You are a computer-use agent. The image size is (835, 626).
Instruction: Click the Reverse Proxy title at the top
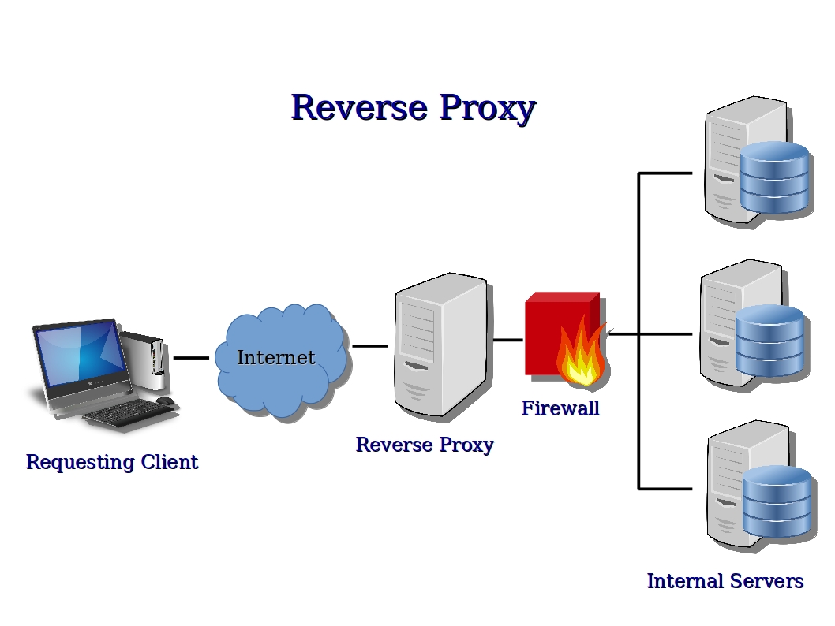click(413, 108)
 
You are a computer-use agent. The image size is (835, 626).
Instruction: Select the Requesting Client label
click(111, 462)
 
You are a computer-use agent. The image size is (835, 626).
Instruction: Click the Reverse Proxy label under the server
click(425, 445)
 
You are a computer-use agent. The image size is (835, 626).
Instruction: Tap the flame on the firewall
click(582, 359)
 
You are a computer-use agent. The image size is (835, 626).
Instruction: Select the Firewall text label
click(560, 408)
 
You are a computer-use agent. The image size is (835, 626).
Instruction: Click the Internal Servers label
click(725, 581)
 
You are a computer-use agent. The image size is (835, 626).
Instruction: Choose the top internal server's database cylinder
click(774, 177)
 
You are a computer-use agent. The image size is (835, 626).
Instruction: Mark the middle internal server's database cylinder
click(769, 341)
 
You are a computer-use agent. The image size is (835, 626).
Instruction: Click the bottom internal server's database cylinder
click(777, 501)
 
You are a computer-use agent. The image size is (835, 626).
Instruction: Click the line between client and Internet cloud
click(190, 358)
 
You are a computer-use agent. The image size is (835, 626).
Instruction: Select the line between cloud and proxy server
click(369, 345)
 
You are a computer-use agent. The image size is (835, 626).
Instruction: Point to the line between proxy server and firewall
click(507, 341)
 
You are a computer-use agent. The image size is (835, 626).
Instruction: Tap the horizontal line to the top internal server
click(665, 173)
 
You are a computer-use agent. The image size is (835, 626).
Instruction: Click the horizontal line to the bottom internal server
click(665, 489)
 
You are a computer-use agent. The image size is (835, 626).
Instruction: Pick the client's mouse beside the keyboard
click(165, 401)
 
